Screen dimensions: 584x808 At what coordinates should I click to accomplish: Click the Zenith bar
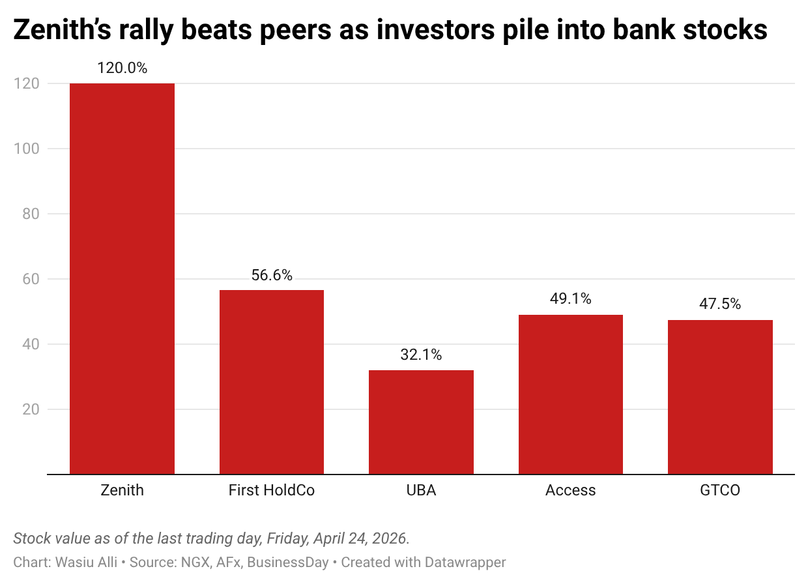pyautogui.click(x=122, y=279)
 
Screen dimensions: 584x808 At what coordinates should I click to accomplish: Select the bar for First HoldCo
pyautogui.click(x=271, y=382)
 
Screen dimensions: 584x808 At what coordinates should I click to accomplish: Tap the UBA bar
pyautogui.click(x=421, y=422)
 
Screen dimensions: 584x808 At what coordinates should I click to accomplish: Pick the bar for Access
pyautogui.click(x=570, y=394)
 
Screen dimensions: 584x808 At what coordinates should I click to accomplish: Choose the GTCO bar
pyautogui.click(x=720, y=397)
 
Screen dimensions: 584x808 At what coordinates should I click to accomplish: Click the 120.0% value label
pyautogui.click(x=122, y=68)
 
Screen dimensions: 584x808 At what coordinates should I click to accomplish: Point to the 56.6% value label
pyautogui.click(x=271, y=275)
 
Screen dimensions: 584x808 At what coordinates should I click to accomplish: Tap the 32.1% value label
pyautogui.click(x=421, y=355)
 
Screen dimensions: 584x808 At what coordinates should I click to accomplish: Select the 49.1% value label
pyautogui.click(x=570, y=299)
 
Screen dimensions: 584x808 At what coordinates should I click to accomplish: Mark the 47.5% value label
pyautogui.click(x=720, y=304)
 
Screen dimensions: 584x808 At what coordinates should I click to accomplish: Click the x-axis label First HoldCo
pyautogui.click(x=271, y=490)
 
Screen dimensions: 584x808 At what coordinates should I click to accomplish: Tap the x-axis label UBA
pyautogui.click(x=421, y=490)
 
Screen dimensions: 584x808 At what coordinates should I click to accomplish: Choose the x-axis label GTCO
pyautogui.click(x=720, y=490)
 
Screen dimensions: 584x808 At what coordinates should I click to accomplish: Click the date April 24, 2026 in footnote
pyautogui.click(x=360, y=539)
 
